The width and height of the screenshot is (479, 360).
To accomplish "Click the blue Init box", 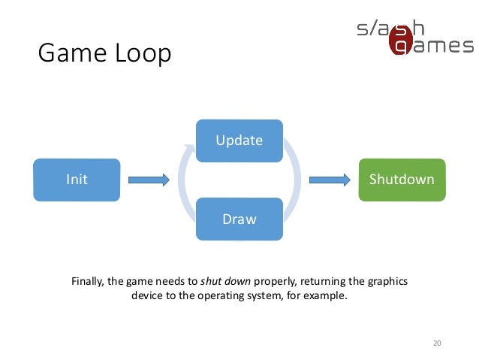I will tap(77, 180).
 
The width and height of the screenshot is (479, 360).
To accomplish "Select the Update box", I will tap(239, 141).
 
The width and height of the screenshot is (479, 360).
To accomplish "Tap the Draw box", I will tap(239, 219).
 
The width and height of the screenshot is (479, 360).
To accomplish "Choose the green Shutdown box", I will tap(402, 180).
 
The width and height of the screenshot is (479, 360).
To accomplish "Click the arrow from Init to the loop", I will tap(149, 180).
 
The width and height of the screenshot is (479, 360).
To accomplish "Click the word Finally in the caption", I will tap(87, 282).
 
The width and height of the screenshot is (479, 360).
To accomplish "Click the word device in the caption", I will tap(147, 296).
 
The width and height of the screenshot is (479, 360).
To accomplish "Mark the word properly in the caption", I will tap(276, 282).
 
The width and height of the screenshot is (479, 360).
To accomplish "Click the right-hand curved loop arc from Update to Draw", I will tap(296, 180).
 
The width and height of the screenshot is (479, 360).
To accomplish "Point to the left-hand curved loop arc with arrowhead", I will tap(182, 180).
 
